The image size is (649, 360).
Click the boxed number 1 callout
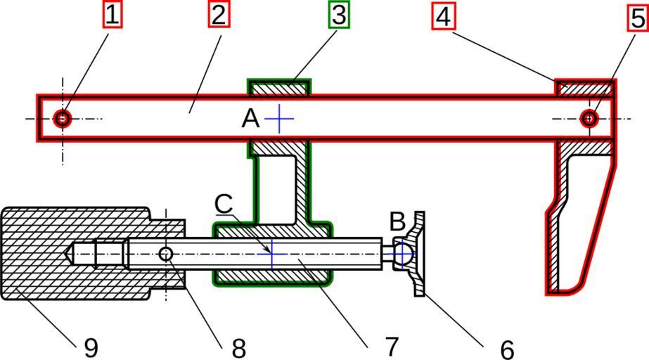(x=113, y=15)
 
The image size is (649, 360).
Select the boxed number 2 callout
(x=218, y=15)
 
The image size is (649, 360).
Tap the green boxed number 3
(x=339, y=15)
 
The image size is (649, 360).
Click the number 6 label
(x=507, y=347)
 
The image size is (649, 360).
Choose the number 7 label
(x=391, y=346)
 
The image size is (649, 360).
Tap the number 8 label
(x=238, y=347)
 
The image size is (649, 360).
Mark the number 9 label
(x=91, y=347)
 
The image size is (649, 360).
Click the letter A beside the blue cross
(x=250, y=119)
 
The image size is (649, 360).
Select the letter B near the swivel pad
(x=397, y=221)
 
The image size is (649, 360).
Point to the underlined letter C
(x=224, y=204)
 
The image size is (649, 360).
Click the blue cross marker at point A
(x=279, y=119)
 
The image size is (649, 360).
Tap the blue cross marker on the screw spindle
(x=271, y=254)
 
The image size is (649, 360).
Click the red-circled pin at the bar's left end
(x=63, y=118)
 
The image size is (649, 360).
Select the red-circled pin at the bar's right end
(x=589, y=118)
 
